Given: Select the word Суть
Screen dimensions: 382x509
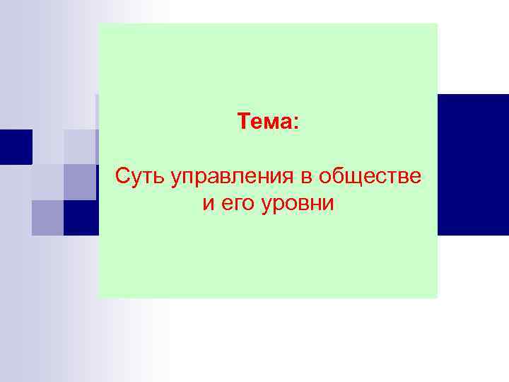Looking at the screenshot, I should (139, 175).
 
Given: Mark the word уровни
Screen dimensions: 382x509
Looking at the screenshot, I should (295, 206).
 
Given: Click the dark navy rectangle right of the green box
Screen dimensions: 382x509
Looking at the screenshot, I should (473, 164).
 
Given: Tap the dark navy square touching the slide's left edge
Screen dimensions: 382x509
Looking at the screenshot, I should (16, 146).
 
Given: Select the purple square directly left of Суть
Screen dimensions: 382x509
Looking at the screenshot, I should (80, 182).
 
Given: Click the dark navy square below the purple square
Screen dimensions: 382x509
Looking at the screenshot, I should (80, 217).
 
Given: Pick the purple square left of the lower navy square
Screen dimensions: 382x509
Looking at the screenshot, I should (47, 217).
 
